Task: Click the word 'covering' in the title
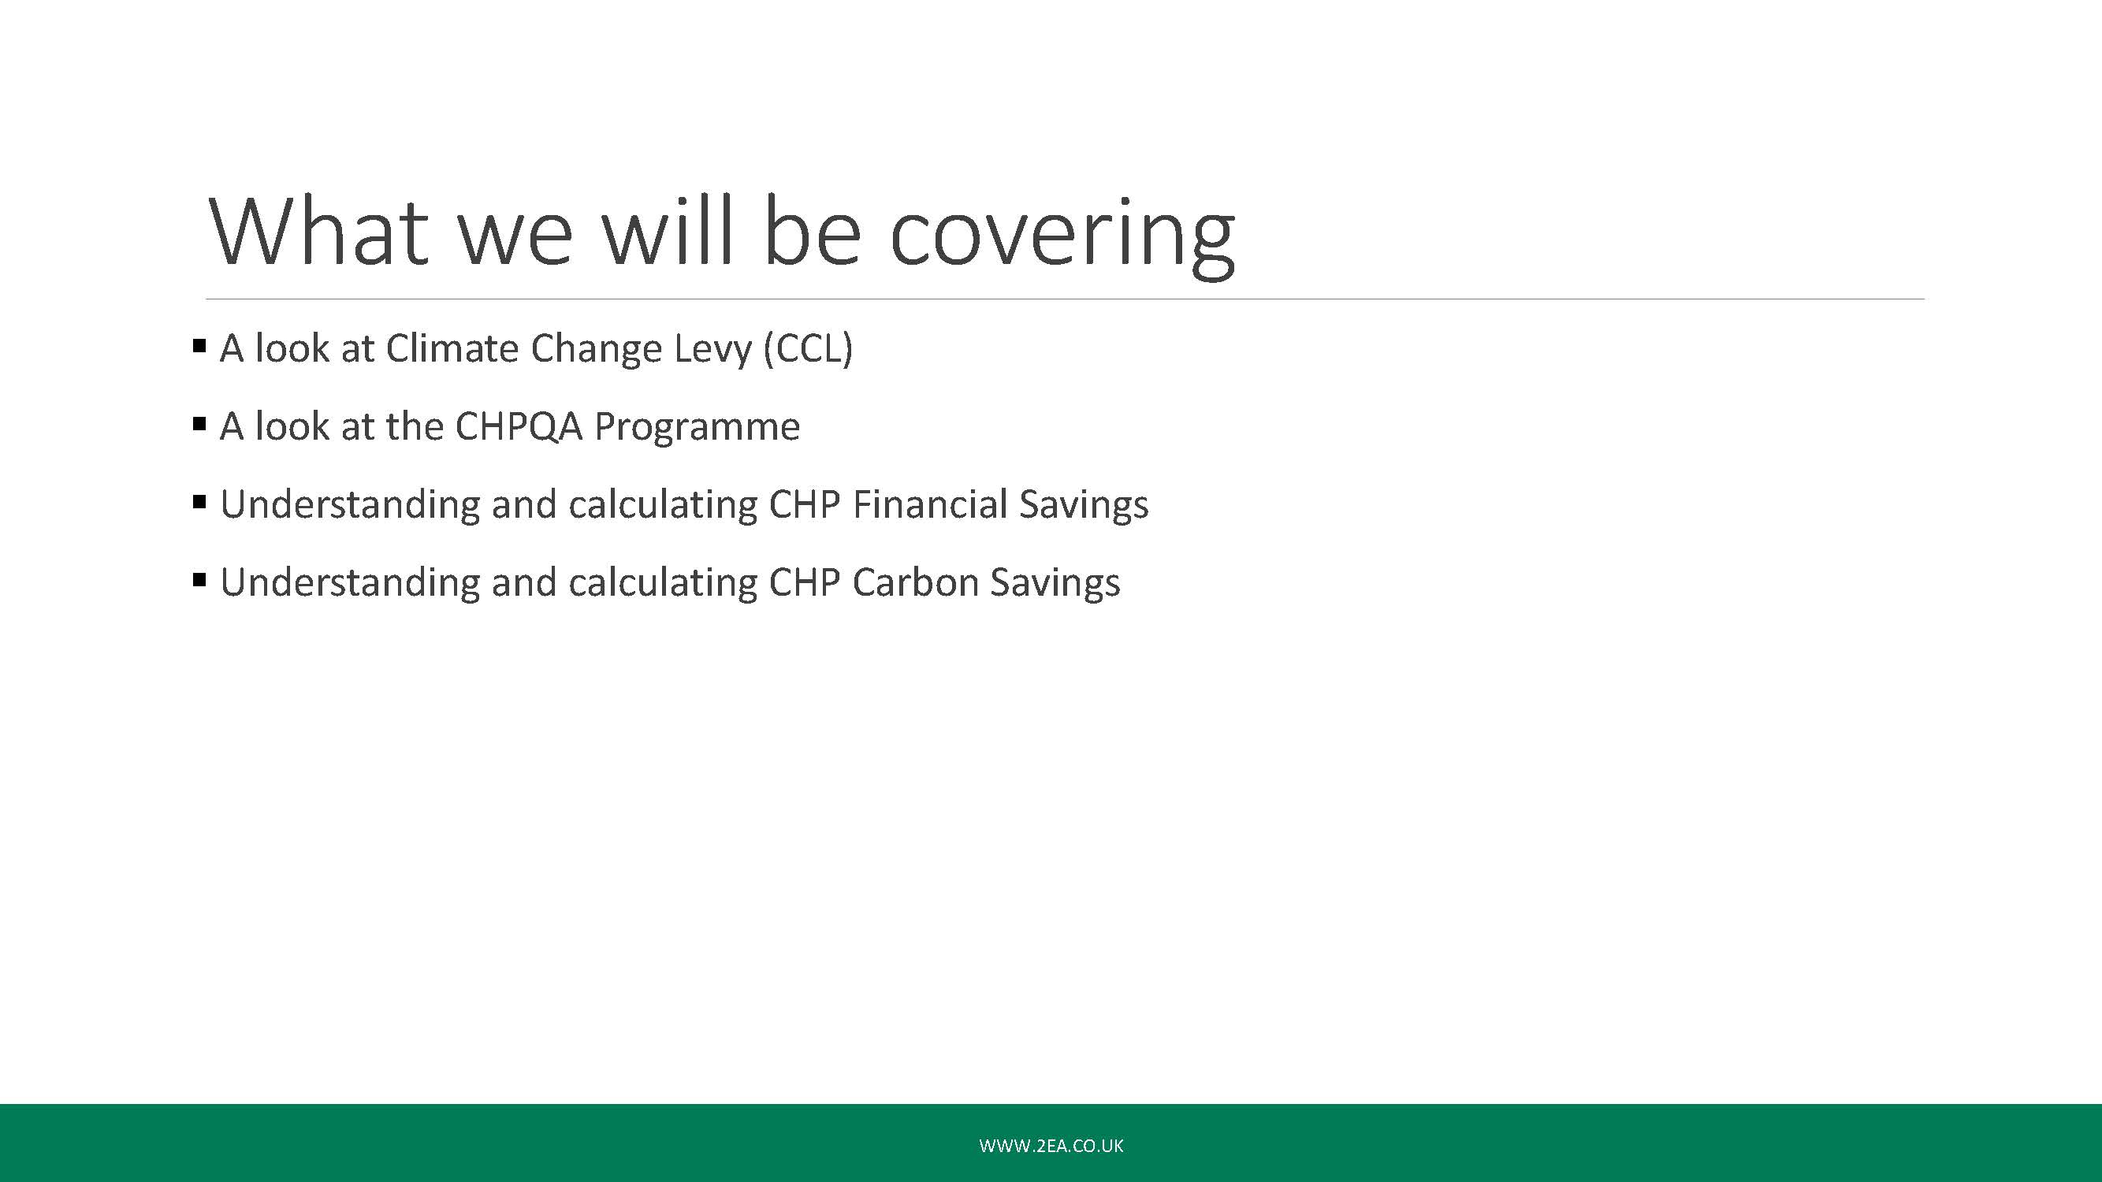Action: [1062, 235]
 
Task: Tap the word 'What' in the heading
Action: [319, 232]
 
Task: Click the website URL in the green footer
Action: [1051, 1145]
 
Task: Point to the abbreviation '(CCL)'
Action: [808, 348]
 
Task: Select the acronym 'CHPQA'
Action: [518, 426]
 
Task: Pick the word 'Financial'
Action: [929, 504]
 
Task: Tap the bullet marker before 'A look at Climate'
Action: [199, 346]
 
